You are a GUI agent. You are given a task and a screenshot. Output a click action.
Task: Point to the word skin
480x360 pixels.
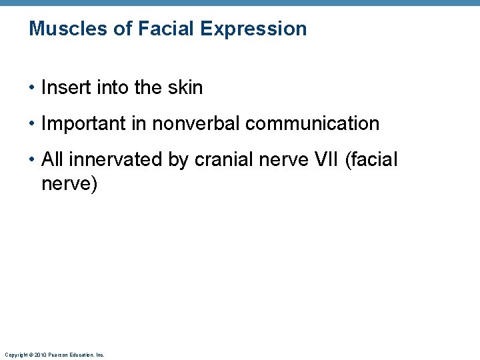[x=186, y=87]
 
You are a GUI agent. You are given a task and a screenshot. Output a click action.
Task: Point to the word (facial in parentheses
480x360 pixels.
[x=371, y=160]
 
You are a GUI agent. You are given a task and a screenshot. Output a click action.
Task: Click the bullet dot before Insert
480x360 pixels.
[x=32, y=88]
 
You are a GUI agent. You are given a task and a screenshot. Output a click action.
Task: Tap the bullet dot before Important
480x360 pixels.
[x=32, y=124]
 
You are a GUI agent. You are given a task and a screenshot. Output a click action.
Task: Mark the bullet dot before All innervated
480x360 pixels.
[x=32, y=160]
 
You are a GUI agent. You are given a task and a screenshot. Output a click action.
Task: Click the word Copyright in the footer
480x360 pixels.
[x=15, y=355]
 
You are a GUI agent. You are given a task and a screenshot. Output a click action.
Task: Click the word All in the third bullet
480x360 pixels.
[x=53, y=160]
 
